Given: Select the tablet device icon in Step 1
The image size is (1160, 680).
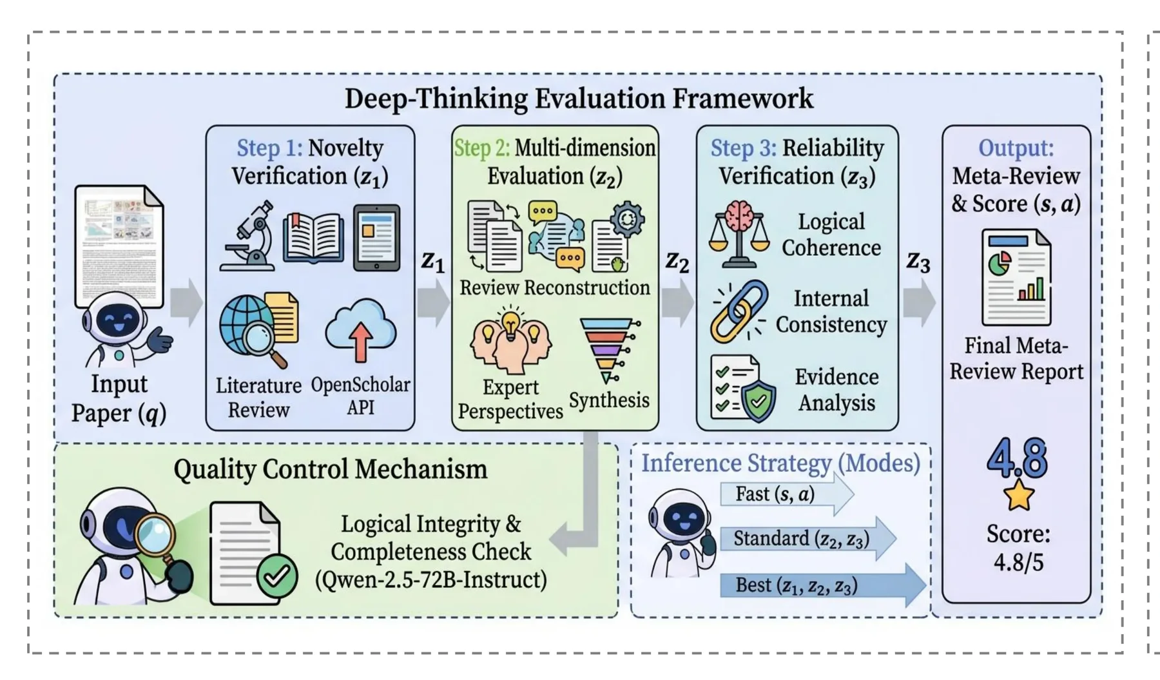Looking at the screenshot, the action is pos(377,238).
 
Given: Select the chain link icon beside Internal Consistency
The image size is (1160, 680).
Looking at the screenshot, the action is pos(739,311).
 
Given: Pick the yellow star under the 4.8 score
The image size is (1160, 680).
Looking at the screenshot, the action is pos(1019,495).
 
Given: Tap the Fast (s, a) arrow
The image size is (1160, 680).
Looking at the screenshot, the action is pos(787,494).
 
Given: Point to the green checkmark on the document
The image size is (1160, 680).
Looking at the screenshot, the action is pos(277,576).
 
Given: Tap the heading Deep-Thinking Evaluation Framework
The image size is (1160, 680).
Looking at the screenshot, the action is pos(579,99).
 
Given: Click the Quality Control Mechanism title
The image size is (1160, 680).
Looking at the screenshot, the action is pos(331,469).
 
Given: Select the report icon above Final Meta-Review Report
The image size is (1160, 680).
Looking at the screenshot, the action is pos(1016,278).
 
